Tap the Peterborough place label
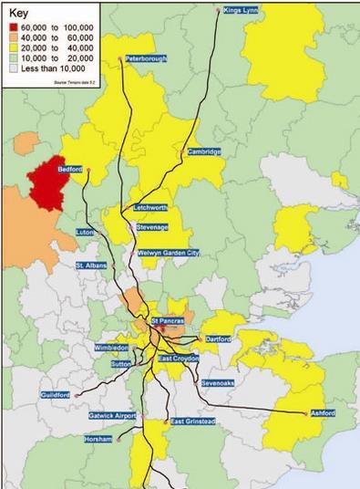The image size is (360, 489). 146,58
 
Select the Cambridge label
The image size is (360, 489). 205,151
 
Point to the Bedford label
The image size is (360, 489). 71,170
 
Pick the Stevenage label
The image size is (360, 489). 152,226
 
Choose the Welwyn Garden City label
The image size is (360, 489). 169,254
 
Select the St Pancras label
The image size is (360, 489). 169,322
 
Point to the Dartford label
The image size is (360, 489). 219,339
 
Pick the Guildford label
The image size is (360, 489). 57,395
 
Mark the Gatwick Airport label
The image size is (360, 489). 112,416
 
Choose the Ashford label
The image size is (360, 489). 322,413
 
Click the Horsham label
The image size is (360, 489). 98,440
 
